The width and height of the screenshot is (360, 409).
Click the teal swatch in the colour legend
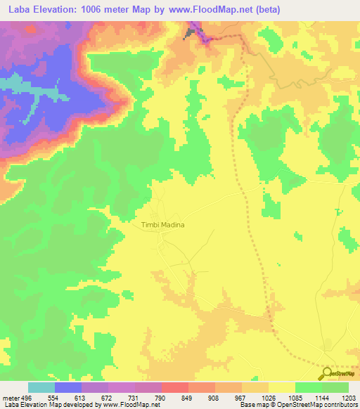[41, 387]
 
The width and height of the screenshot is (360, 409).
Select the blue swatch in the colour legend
[68, 387]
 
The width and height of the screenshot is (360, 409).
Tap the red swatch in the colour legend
[175, 387]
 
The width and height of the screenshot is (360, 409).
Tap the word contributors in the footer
[341, 405]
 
